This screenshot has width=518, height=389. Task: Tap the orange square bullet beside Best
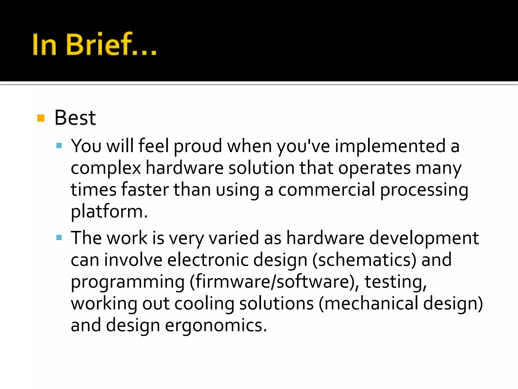pos(41,118)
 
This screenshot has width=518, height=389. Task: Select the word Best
pos(75,118)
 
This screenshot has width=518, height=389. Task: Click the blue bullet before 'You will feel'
pos(59,146)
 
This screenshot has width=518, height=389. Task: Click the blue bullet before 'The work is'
pos(59,238)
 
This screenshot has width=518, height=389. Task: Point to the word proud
pos(198,146)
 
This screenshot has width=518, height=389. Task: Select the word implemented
pos(390,146)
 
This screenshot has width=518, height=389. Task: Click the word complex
pos(106,168)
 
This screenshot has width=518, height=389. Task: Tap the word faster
pos(145,190)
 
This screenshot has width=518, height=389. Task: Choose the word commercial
pos(327,190)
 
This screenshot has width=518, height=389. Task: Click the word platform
pos(109,212)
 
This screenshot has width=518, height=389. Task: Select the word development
pos(424,238)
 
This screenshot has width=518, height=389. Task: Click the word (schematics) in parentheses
pos(364,260)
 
